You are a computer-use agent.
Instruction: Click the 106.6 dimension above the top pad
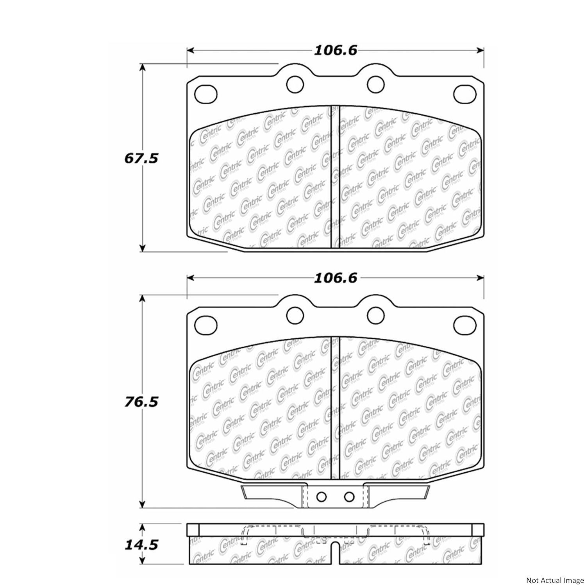coord(336,50)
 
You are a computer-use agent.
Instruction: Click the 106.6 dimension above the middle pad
coord(336,278)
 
